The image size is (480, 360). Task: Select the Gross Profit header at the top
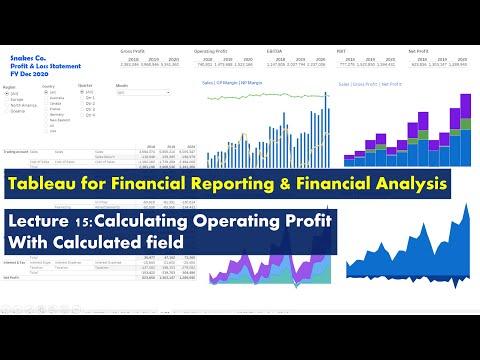click(133, 51)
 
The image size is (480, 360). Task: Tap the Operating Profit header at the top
click(211, 51)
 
